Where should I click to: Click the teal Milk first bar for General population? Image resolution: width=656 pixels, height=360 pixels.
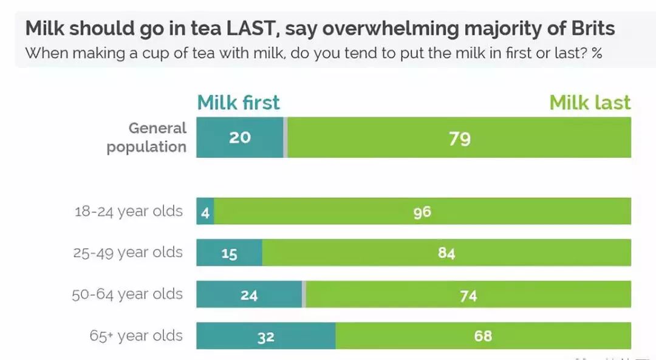[239, 137]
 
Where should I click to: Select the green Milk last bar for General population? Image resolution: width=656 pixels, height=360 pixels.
[459, 138]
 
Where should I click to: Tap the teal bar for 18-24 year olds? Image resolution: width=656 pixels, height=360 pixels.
[205, 212]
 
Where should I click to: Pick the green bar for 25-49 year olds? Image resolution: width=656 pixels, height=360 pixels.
[446, 253]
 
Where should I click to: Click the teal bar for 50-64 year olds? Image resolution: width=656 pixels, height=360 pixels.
[249, 295]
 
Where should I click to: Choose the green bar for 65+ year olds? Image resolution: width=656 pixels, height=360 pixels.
[483, 336]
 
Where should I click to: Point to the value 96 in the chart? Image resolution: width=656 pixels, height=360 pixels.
[422, 212]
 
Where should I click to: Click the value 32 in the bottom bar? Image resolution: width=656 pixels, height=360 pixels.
[265, 337]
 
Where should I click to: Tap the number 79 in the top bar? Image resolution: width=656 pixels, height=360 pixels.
[460, 138]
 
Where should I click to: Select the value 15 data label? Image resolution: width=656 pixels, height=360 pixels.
[229, 254]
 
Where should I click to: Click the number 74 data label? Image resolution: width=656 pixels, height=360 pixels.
[468, 296]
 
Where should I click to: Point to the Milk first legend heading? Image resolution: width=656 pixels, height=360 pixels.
[239, 103]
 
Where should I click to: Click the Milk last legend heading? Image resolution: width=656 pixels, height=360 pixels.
[590, 103]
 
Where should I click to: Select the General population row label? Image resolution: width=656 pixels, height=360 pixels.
[146, 137]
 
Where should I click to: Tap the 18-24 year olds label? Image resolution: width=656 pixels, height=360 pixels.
[128, 211]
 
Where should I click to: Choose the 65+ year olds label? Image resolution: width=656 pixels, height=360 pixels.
[136, 335]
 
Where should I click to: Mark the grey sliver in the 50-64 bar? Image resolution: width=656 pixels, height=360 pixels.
[304, 295]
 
